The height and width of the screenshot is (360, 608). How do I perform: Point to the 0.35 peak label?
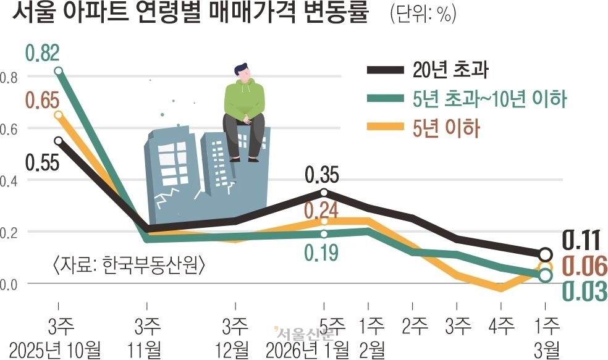click(322, 176)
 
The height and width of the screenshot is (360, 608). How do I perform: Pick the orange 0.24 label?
click(321, 211)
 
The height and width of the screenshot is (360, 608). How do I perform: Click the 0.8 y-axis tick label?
click(9, 77)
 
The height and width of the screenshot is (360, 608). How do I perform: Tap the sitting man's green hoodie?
click(243, 99)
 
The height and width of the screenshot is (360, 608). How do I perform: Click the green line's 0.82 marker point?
click(59, 71)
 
